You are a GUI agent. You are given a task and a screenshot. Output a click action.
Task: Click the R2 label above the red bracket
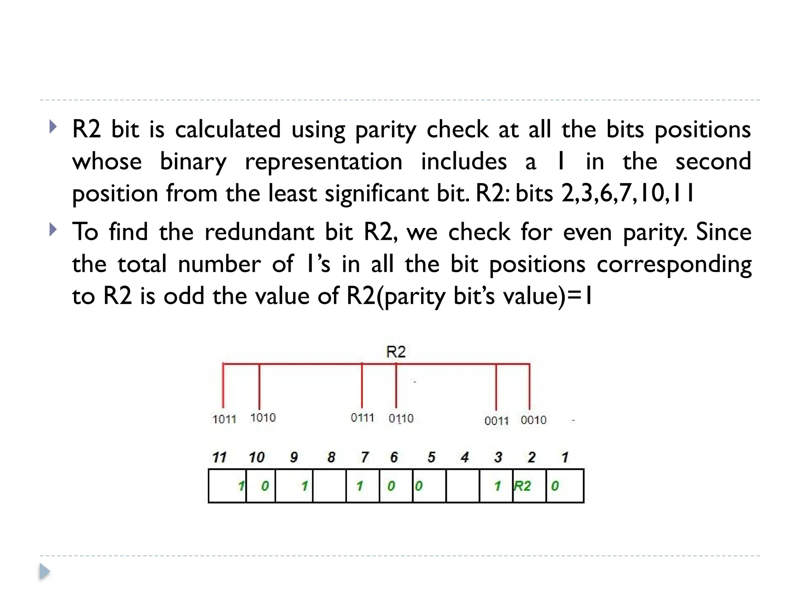396,352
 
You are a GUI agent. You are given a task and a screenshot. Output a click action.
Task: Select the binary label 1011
224,419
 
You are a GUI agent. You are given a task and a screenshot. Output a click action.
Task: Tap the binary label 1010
263,418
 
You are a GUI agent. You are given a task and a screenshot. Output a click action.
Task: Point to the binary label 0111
362,418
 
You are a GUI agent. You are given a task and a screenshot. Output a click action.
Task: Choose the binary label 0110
401,418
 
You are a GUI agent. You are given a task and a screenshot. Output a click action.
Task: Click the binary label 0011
496,421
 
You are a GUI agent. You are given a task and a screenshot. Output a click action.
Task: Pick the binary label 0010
533,420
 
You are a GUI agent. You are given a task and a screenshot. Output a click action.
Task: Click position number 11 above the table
219,457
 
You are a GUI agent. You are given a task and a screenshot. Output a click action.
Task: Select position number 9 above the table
294,457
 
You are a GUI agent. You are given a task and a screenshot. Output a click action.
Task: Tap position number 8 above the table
331,457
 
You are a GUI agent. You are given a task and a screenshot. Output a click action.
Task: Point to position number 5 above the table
431,457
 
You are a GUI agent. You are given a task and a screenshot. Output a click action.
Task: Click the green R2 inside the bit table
522,486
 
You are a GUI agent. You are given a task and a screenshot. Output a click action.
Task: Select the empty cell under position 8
329,486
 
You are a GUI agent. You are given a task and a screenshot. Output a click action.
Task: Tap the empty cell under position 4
462,486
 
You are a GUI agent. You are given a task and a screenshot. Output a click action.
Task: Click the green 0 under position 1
555,486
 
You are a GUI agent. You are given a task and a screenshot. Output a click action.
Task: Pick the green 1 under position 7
360,486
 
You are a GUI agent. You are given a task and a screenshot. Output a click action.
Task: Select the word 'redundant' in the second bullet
259,232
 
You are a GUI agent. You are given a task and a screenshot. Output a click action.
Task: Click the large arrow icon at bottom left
45,572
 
